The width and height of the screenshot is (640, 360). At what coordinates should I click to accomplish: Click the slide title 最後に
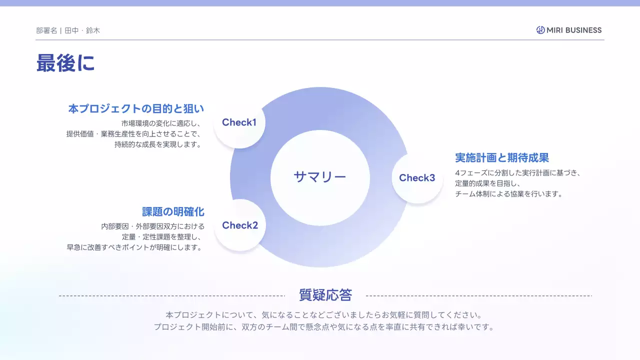click(65, 63)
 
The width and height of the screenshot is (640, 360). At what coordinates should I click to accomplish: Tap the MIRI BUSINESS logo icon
click(540, 30)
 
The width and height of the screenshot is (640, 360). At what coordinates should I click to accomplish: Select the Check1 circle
click(239, 122)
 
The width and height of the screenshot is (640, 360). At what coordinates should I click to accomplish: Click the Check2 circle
click(240, 225)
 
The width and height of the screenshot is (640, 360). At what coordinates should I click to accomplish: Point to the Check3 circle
click(417, 177)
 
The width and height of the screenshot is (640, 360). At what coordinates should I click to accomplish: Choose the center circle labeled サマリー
click(320, 176)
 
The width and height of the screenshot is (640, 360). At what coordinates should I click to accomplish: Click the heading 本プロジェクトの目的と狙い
click(136, 108)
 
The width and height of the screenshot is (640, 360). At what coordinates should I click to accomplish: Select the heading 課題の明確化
click(173, 211)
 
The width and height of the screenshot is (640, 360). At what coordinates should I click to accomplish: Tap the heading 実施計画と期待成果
click(502, 158)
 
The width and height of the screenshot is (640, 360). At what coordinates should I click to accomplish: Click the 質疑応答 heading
click(325, 295)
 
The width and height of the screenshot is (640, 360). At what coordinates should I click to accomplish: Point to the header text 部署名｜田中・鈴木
click(68, 30)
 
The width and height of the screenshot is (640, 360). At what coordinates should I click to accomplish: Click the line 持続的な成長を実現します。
click(157, 145)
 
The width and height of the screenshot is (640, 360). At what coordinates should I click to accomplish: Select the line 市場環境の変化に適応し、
click(161, 123)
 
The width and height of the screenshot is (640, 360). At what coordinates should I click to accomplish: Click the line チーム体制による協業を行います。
click(508, 194)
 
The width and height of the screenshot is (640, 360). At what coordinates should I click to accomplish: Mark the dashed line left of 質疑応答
click(172, 296)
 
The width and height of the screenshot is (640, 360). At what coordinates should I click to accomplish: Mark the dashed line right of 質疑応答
click(478, 296)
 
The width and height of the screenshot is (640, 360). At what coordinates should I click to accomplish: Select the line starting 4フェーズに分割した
click(517, 173)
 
